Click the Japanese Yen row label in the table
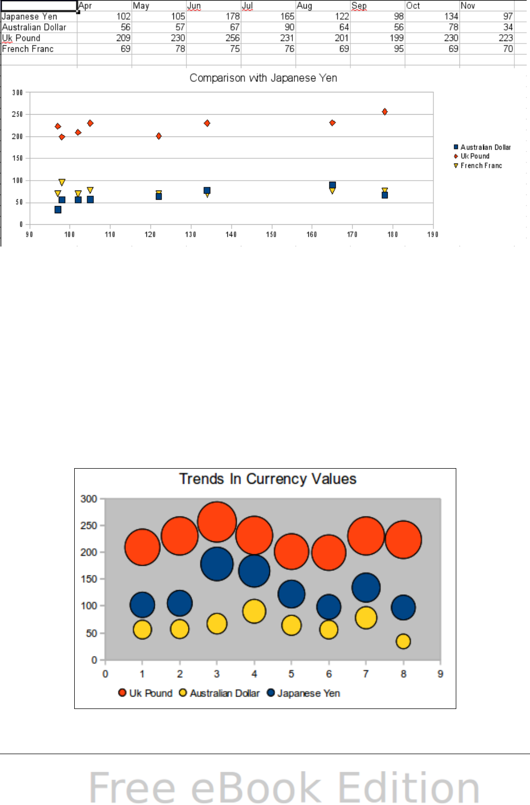30,17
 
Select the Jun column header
194,6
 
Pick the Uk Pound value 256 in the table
233,38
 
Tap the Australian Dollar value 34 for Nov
508,27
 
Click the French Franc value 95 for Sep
398,49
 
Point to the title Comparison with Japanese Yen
263,78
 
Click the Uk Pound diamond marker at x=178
385,112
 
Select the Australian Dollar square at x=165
332,185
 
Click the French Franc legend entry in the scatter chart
481,166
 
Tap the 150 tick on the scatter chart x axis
271,235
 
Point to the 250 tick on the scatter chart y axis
18,115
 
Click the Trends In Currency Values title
268,479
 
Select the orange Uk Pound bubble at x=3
217,522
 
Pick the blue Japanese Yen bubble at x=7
366,588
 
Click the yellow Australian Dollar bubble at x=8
403,642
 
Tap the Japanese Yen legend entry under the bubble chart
308,693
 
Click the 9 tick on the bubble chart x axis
441,674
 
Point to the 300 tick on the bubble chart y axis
89,499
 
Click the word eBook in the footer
256,788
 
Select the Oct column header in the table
413,6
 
